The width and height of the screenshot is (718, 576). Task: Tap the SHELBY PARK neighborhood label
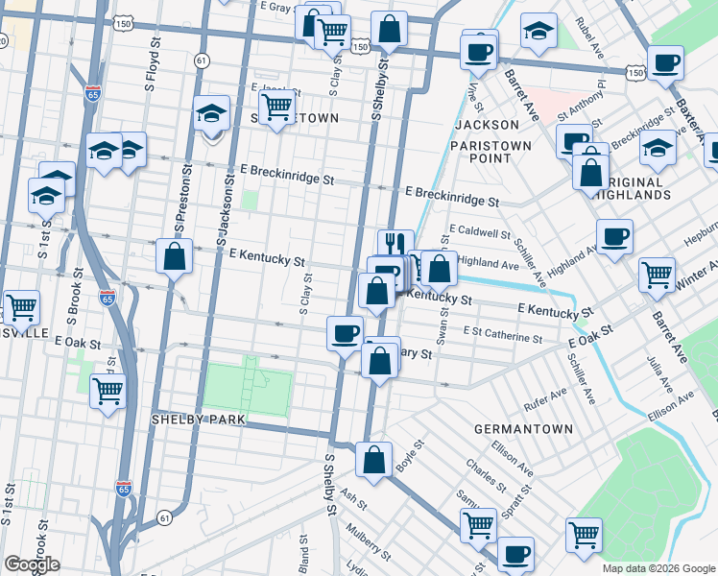199,420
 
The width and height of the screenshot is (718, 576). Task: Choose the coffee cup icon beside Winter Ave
614,235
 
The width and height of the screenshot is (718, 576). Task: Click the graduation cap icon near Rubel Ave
539,33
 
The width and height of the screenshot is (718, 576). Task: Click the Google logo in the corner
32,564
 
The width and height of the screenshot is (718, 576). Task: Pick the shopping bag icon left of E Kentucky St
174,257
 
